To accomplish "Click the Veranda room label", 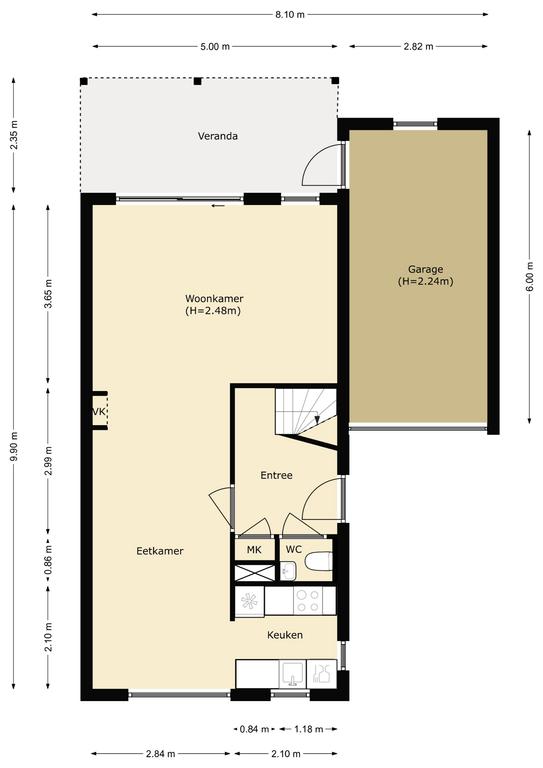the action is click(218, 136).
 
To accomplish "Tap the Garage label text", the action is click(425, 269).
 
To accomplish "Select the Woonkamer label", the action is click(214, 299).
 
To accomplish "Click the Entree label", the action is click(277, 475).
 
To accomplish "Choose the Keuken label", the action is click(285, 635).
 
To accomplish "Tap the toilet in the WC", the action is click(319, 561).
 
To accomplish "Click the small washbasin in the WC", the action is click(288, 571).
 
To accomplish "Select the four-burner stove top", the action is click(308, 601).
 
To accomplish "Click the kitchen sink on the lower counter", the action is click(293, 674).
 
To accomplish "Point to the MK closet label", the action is click(254, 550).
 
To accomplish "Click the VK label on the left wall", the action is click(99, 412).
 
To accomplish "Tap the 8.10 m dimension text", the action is click(290, 15).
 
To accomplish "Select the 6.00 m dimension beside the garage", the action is click(529, 277).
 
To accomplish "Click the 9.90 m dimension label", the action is click(14, 446).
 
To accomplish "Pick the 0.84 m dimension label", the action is click(255, 729).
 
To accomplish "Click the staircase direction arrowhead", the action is click(317, 420).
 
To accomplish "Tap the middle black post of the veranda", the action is click(197, 81).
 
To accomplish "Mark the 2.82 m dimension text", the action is click(419, 47).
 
